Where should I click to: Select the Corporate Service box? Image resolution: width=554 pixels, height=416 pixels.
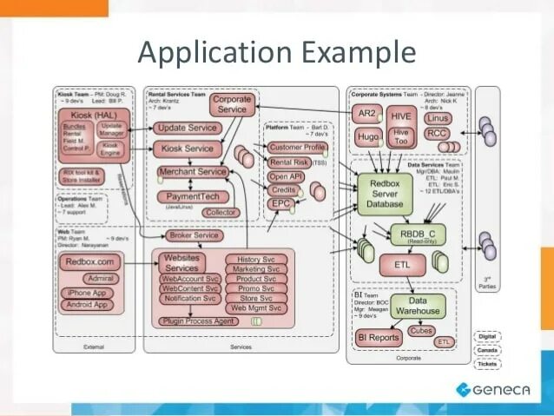click(x=233, y=105)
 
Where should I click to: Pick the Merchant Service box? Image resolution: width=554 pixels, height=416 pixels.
click(x=192, y=172)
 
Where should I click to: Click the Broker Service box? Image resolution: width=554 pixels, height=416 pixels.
click(x=195, y=235)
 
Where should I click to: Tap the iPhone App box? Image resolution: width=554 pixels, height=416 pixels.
click(x=88, y=293)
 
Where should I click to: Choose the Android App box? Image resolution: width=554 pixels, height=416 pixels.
click(x=89, y=305)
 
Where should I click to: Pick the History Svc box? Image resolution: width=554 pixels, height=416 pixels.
click(x=256, y=259)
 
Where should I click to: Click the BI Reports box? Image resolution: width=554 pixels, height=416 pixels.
click(x=379, y=337)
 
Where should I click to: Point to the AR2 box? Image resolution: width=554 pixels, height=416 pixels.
click(x=367, y=114)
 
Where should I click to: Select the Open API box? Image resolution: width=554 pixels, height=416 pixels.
click(x=286, y=176)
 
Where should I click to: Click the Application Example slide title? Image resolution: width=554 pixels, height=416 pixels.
click(x=277, y=54)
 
